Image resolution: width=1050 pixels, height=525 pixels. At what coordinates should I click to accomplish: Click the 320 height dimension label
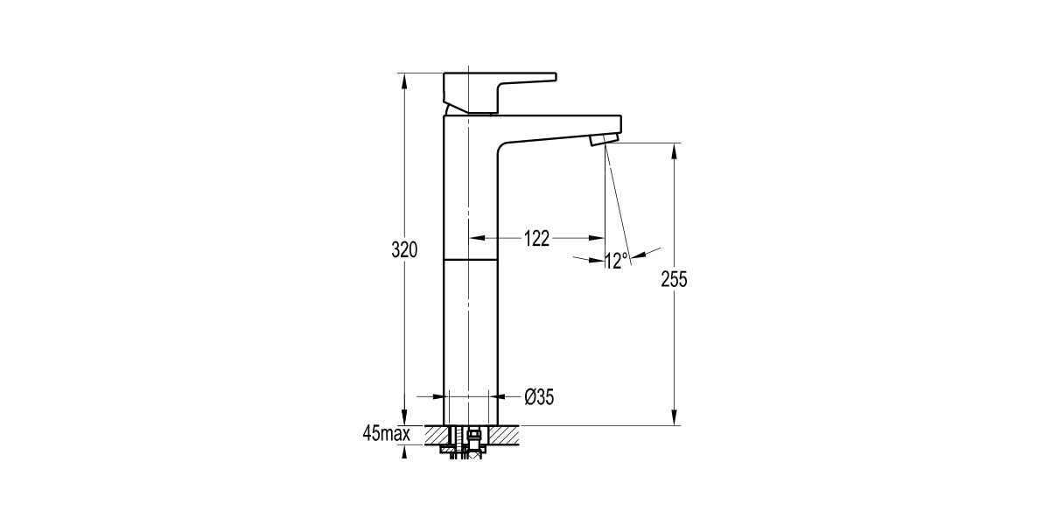404,249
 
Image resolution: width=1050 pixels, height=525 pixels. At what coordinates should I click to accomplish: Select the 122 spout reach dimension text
535,238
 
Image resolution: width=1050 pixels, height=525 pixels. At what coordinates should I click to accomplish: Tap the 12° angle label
617,260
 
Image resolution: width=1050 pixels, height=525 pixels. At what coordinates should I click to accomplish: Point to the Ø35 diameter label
539,397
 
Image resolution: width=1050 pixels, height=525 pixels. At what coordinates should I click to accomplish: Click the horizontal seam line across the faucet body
471,260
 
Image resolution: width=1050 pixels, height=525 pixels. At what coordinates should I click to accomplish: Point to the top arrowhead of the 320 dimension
404,79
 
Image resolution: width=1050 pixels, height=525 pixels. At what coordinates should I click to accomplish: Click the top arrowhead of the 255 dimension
675,150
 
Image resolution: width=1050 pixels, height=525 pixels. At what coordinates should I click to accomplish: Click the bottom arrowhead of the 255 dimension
675,419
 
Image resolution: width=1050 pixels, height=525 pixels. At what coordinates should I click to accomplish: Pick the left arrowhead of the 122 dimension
477,237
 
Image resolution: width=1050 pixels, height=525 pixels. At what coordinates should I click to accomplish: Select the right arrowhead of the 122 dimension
598,237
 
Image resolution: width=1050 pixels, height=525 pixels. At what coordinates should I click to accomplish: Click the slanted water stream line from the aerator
619,201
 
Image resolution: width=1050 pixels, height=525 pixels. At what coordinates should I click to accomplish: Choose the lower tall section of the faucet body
471,341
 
